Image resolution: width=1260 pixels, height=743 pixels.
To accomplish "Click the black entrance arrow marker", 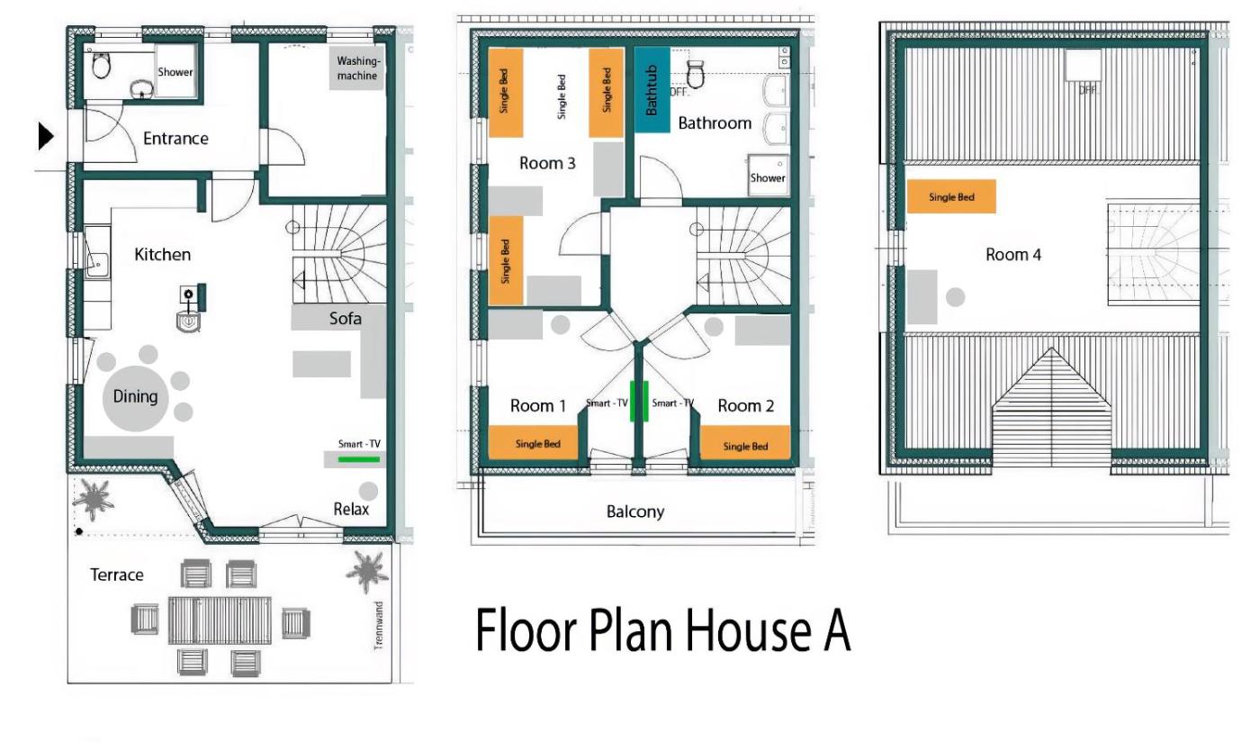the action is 46,136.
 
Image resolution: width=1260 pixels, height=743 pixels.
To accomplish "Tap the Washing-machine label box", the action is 357,68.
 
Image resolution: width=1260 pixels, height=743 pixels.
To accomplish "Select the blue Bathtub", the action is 652,89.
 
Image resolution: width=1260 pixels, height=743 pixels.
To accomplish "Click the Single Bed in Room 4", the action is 951,196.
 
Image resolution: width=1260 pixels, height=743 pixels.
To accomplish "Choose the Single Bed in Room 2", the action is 745,443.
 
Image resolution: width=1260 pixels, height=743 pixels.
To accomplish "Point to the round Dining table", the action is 135,398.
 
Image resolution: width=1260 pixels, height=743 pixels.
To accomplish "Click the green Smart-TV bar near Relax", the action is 359,460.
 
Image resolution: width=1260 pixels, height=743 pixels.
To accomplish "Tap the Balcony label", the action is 635,512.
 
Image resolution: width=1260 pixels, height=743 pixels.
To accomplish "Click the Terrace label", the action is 116,575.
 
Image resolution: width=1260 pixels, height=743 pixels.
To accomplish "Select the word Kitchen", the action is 163,254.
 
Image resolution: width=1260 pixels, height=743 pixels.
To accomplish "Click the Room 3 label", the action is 547,163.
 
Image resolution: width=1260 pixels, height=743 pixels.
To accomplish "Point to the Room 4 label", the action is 1013,254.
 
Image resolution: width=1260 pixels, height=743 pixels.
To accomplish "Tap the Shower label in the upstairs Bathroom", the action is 767,178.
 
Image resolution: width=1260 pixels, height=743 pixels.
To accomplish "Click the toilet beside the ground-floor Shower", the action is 101,65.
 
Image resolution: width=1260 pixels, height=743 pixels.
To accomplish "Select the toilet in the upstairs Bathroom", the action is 696,74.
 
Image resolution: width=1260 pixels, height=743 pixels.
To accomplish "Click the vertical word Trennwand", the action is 379,626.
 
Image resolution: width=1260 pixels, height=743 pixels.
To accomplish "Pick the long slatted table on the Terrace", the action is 220,621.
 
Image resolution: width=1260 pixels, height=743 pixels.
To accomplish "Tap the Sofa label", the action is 345,319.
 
